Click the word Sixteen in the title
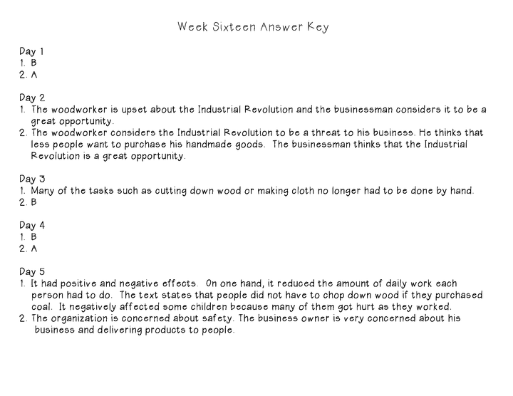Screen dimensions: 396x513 pos(232,28)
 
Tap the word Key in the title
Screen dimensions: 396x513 pos(318,28)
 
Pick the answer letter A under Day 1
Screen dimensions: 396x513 pos(33,74)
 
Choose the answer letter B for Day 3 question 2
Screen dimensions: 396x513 pos(33,202)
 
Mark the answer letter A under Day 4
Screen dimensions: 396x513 pos(33,249)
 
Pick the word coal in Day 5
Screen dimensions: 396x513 pos(42,307)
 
